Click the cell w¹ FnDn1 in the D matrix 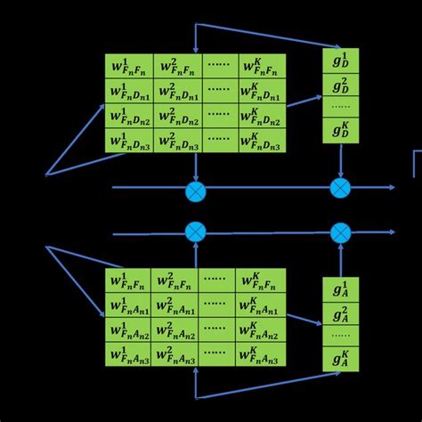click(x=129, y=91)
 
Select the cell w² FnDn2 click(x=177, y=116)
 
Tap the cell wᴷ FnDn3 click(x=263, y=141)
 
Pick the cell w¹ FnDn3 click(x=129, y=141)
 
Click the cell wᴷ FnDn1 click(x=263, y=91)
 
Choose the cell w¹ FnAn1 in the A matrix click(x=127, y=305)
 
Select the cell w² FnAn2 click(x=174, y=330)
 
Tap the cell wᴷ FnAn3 click(x=261, y=354)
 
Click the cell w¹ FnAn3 click(x=127, y=354)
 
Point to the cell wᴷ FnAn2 click(x=261, y=330)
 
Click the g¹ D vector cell click(x=340, y=61)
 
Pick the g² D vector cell click(x=340, y=85)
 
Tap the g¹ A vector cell click(x=340, y=289)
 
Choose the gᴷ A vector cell click(x=340, y=359)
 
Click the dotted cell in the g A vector click(x=340, y=336)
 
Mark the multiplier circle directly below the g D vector click(x=340, y=188)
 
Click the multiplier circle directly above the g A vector click(x=340, y=232)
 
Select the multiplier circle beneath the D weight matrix click(x=196, y=189)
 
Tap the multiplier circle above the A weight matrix click(x=196, y=232)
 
